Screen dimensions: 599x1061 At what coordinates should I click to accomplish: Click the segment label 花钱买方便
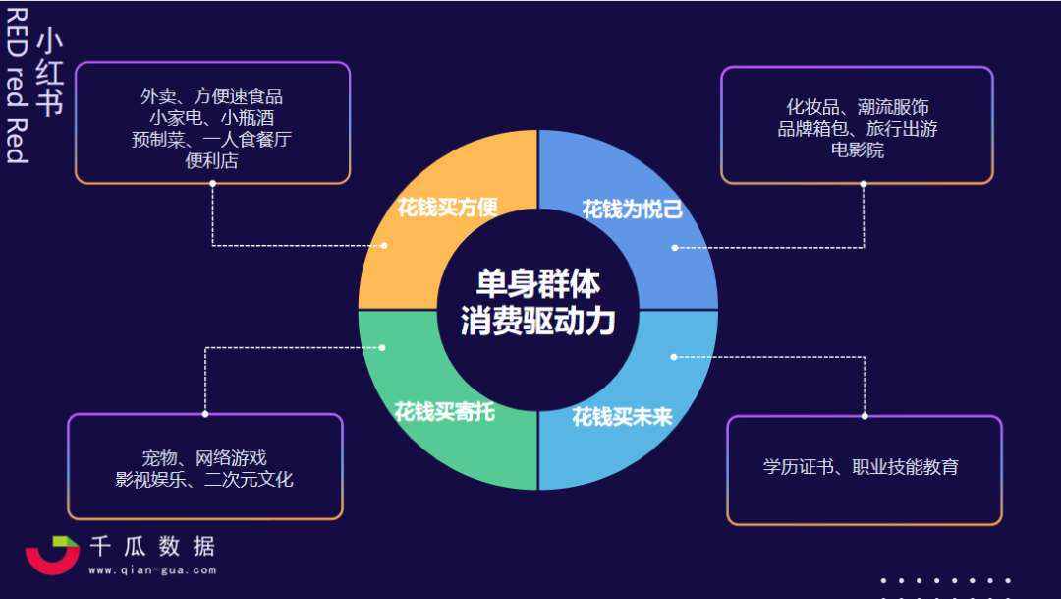447,208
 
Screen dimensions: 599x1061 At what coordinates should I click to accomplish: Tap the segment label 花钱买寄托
444,411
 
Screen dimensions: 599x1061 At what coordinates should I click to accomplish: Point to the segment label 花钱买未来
622,417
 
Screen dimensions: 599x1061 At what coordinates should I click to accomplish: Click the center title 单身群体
537,285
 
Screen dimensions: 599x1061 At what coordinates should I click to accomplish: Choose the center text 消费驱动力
537,322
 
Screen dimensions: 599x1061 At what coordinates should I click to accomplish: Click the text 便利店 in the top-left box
211,161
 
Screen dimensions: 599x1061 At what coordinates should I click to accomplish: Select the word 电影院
857,150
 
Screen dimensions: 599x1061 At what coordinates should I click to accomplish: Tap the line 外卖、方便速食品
211,96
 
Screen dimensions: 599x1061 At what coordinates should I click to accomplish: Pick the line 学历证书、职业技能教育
861,467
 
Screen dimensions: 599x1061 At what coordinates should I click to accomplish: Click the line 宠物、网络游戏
204,458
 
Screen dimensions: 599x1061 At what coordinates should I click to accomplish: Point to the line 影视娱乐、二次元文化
204,480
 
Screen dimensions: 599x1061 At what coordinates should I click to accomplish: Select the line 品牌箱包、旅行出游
857,129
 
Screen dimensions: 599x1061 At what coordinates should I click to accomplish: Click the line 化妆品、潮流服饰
857,107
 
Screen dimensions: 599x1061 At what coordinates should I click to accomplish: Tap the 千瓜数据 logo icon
52,555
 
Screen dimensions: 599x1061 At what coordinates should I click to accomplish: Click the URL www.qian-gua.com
152,569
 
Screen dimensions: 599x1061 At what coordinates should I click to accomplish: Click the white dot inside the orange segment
384,245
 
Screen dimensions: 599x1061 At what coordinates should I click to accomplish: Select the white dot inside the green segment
382,347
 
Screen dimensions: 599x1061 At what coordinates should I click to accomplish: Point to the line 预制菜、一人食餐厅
211,140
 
